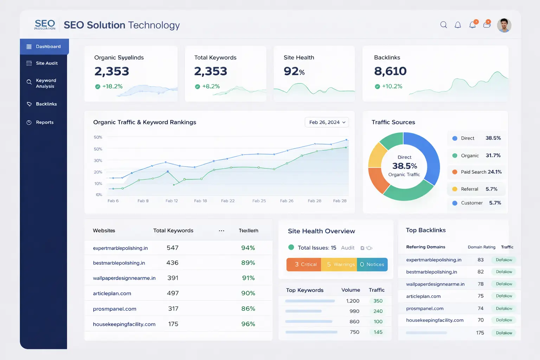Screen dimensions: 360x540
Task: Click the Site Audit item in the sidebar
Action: click(x=46, y=63)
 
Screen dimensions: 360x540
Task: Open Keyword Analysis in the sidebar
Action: click(x=45, y=83)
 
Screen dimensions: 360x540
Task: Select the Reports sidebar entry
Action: click(x=44, y=122)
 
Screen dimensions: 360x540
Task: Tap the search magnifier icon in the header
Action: click(x=444, y=25)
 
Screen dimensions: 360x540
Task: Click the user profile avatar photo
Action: click(x=504, y=25)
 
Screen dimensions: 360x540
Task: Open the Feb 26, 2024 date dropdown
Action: click(x=327, y=122)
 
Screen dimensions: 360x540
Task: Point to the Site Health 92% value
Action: click(x=294, y=71)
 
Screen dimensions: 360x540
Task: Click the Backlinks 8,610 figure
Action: click(x=390, y=71)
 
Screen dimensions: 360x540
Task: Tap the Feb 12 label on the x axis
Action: click(x=172, y=201)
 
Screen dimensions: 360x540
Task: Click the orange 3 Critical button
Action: click(x=304, y=264)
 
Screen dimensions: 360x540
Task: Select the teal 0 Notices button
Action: click(x=372, y=264)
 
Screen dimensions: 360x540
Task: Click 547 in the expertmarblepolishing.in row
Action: click(x=173, y=248)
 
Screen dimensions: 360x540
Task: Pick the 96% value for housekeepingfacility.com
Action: click(x=248, y=324)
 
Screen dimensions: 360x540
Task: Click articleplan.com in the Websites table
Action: click(x=112, y=294)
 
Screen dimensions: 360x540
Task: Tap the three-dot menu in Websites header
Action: click(x=221, y=231)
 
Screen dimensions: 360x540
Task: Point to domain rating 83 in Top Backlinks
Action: click(x=481, y=260)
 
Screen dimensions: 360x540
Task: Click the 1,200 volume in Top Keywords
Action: click(x=353, y=301)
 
